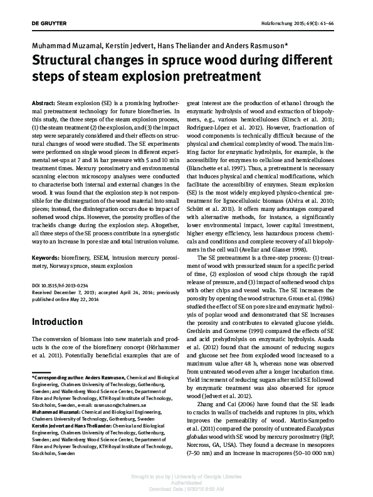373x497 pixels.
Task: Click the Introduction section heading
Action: (x=66, y=322)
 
